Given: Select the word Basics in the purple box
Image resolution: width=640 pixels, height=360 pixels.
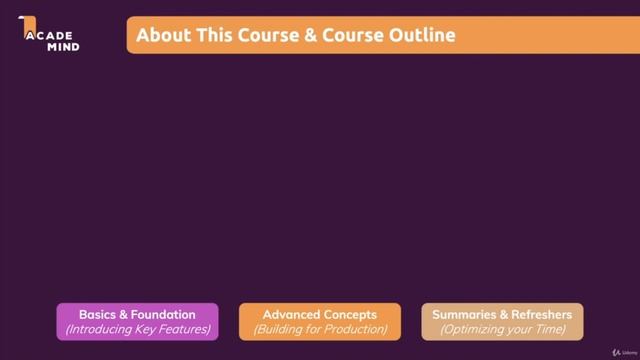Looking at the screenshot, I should tap(100, 315).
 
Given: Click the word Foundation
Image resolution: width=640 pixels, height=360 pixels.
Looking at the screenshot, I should tap(164, 315).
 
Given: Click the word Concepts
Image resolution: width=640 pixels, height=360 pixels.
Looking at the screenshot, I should tap(350, 315).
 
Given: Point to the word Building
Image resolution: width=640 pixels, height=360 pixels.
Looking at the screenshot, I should tap(281, 329).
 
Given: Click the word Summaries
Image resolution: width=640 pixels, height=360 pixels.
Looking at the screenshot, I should tap(466, 315).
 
